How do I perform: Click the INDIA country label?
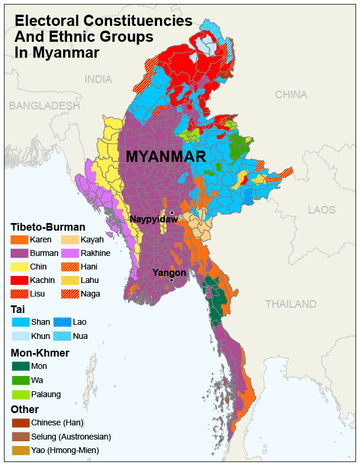(98, 79)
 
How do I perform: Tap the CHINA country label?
(291, 95)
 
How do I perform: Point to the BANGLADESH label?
(44, 106)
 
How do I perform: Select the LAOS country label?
(321, 210)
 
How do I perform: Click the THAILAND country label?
(291, 304)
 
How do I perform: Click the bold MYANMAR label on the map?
(166, 157)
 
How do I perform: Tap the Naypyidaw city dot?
(172, 212)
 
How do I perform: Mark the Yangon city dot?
(171, 280)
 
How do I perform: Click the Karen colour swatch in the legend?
(20, 240)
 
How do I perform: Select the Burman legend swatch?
(20, 254)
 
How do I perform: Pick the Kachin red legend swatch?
(20, 280)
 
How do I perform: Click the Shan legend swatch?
(20, 322)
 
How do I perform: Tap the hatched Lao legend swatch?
(62, 322)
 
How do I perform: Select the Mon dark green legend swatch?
(20, 366)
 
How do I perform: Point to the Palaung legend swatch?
(20, 394)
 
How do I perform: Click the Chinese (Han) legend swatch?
(20, 423)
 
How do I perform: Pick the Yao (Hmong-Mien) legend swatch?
(20, 451)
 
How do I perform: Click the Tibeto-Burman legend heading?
(48, 227)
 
